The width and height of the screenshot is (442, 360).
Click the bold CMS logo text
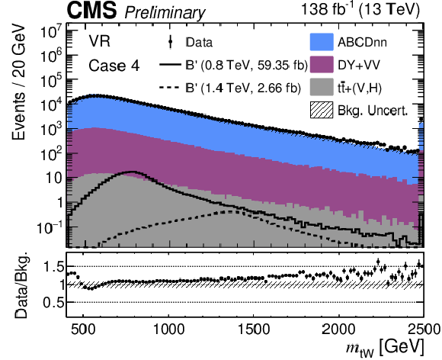(91, 10)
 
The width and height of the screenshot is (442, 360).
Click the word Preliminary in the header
(165, 13)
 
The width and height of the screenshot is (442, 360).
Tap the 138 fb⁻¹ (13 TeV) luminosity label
(360, 9)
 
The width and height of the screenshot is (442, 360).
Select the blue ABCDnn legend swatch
(322, 42)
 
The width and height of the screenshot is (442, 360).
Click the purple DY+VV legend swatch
(322, 65)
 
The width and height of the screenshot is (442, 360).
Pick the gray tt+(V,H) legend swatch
(322, 88)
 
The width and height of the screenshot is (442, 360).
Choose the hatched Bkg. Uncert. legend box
(322, 110)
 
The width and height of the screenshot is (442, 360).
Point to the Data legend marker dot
(170, 42)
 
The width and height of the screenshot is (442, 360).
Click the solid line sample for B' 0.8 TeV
(170, 65)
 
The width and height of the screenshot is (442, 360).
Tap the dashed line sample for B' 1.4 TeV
(170, 88)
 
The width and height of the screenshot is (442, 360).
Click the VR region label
(100, 41)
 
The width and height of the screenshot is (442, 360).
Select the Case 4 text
(114, 66)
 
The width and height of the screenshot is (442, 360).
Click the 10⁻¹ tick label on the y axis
(49, 228)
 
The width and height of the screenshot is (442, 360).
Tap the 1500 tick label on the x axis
(254, 329)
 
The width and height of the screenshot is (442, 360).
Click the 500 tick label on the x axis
(83, 329)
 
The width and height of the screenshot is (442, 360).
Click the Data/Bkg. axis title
(21, 284)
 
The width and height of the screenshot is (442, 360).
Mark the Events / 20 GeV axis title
(19, 82)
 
